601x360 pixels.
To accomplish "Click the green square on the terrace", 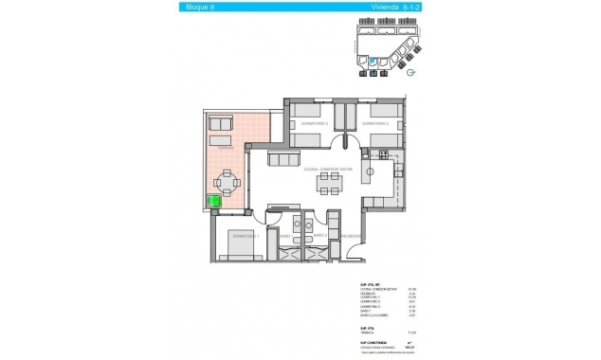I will pyautogui.click(x=214, y=201).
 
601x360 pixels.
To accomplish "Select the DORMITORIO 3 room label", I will pyautogui.click(x=314, y=124).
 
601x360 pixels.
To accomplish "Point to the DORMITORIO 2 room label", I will pyautogui.click(x=380, y=124).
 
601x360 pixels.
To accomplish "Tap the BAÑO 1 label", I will pyautogui.click(x=285, y=236).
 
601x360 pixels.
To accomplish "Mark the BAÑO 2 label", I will pyautogui.click(x=320, y=236).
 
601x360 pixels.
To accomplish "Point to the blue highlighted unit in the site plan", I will pyautogui.click(x=373, y=63).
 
